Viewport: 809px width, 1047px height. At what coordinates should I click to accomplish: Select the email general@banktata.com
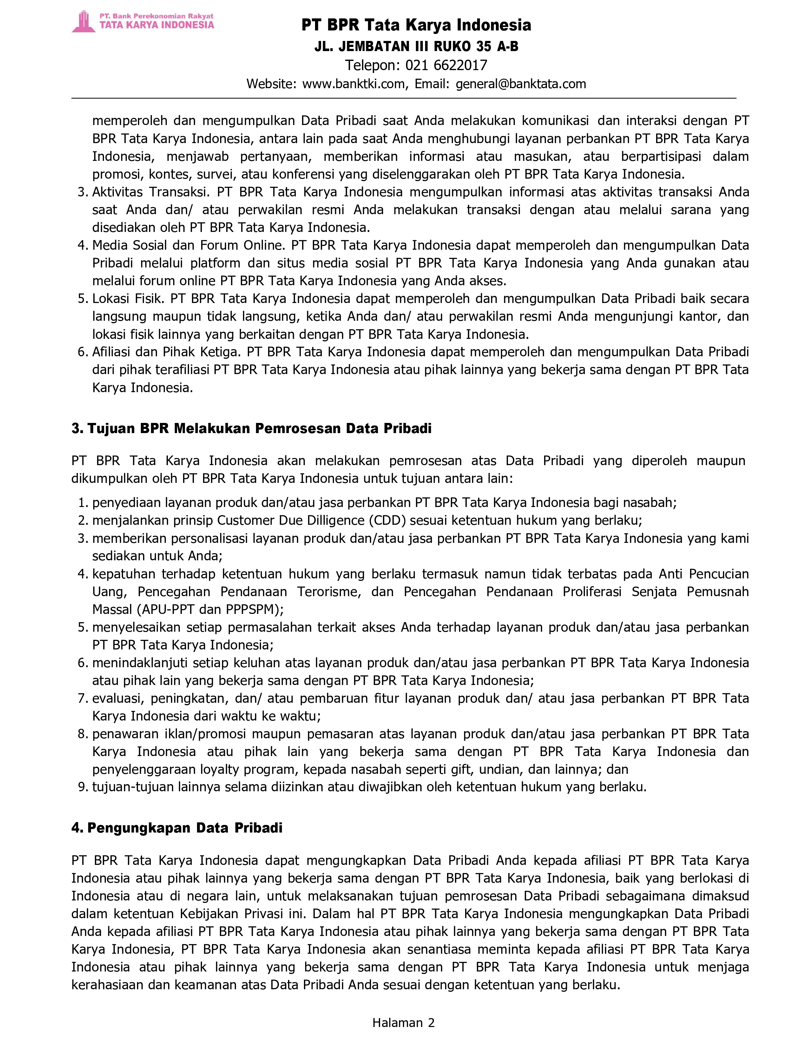(x=521, y=84)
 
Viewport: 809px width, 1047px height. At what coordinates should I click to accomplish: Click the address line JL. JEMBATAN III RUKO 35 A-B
(x=416, y=47)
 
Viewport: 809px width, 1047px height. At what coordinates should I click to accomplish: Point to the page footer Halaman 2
(x=404, y=1023)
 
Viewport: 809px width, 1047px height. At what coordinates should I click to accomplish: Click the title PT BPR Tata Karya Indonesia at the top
(x=416, y=25)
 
